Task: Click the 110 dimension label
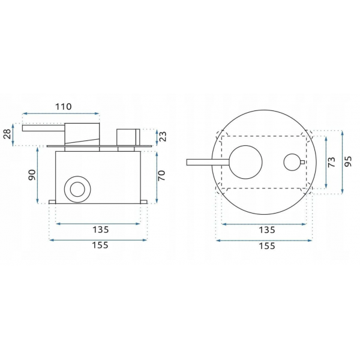64,107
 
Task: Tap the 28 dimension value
8,134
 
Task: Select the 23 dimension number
162,136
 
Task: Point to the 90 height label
32,175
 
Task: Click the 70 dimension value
161,176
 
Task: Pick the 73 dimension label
332,162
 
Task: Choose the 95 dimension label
348,161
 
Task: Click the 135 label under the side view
100,230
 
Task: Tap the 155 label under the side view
100,245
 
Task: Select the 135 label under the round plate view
267,230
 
